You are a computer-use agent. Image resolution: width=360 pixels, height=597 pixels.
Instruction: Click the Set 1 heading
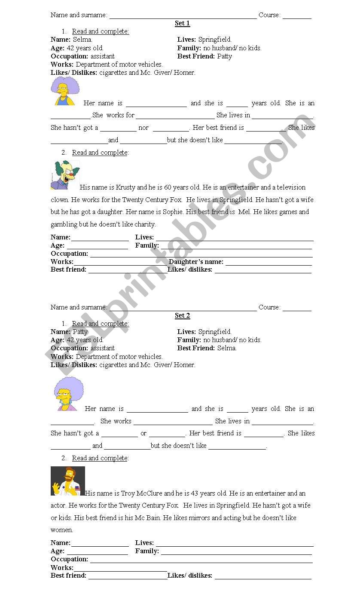click(x=182, y=23)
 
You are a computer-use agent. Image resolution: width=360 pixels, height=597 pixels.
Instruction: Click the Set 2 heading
click(x=182, y=315)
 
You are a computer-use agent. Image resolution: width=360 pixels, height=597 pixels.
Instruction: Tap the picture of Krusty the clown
click(x=65, y=175)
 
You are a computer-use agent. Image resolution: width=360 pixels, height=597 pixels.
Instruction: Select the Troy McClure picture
click(x=67, y=481)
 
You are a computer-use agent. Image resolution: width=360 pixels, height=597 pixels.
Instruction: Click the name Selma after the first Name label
click(x=82, y=40)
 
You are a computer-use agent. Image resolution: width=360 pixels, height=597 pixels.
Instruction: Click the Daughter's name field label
click(x=196, y=262)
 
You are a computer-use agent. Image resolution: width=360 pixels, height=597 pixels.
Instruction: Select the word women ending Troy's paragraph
click(x=62, y=530)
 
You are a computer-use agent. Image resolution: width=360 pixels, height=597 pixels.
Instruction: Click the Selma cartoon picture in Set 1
click(x=65, y=91)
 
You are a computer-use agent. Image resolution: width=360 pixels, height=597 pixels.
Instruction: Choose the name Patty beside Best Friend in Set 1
click(x=224, y=56)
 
